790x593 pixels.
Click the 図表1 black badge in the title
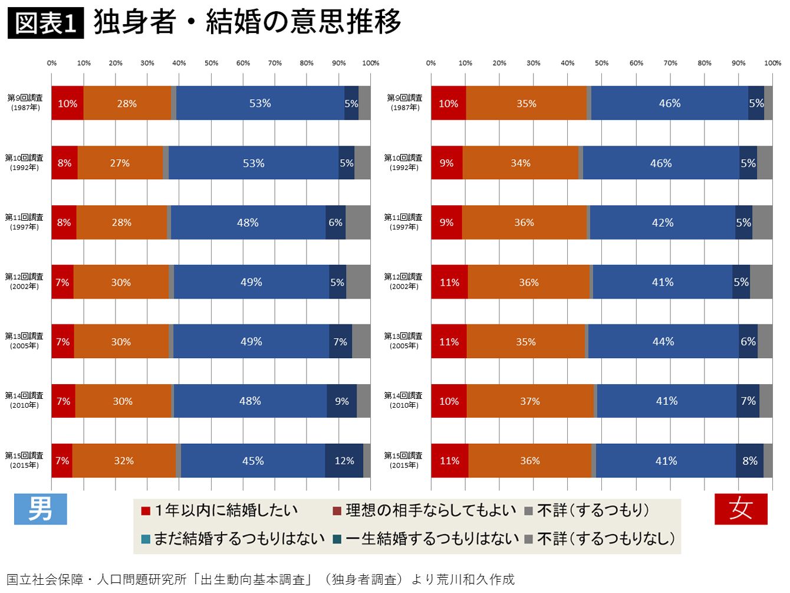(45, 23)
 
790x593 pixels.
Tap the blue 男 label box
(40, 509)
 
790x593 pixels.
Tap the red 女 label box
(740, 509)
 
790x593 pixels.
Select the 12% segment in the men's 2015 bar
(344, 461)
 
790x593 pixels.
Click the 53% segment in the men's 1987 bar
(260, 103)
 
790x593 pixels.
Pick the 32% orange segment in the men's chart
(124, 461)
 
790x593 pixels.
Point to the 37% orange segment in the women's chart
(530, 401)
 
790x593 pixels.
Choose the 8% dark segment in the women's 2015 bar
(749, 461)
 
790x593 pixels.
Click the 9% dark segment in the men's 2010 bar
(342, 401)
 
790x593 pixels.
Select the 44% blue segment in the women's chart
(663, 342)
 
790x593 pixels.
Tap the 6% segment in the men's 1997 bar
(335, 222)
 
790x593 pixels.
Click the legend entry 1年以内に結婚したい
(220, 510)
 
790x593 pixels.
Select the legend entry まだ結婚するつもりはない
(233, 539)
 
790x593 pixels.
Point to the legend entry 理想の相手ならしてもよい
(424, 510)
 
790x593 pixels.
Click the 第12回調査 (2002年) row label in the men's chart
(24, 281)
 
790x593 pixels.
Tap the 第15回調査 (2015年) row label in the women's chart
(404, 460)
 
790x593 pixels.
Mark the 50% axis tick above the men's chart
(211, 63)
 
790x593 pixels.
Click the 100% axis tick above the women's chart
(772, 63)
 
